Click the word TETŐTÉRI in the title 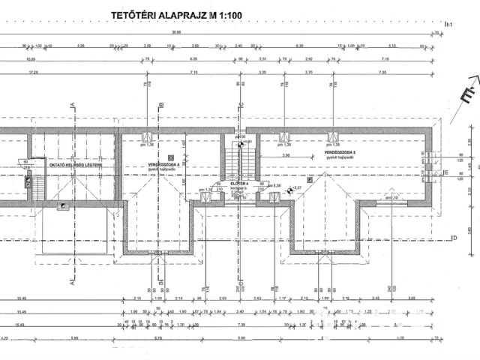(x=137, y=14)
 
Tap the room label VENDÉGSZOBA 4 (x=161, y=163)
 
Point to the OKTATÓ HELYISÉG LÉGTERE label (x=73, y=164)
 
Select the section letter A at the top (x=72, y=105)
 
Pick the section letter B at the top (x=161, y=105)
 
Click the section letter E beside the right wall (x=446, y=174)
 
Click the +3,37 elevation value (x=296, y=187)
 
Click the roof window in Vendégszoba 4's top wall (x=148, y=136)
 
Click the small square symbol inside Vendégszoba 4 (x=170, y=157)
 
